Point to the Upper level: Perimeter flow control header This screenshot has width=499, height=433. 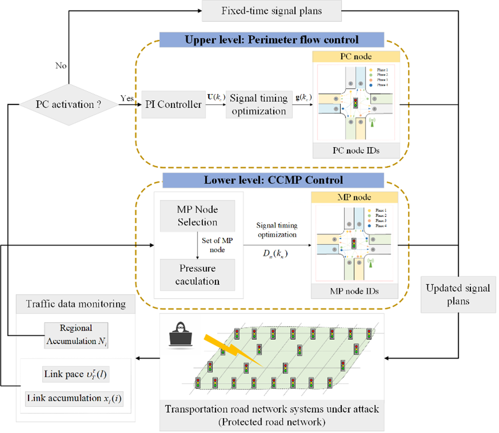pyautogui.click(x=272, y=40)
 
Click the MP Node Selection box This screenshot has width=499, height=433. pyautogui.click(x=197, y=216)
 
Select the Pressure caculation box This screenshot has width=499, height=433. pyautogui.click(x=197, y=275)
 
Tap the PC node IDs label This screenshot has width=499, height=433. pyautogui.click(x=355, y=152)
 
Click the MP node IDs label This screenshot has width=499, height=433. pyautogui.click(x=355, y=291)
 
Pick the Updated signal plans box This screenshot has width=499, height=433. pyautogui.click(x=458, y=294)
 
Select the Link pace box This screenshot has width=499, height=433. pyautogui.click(x=76, y=374)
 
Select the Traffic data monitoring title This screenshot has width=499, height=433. pyautogui.click(x=76, y=304)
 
